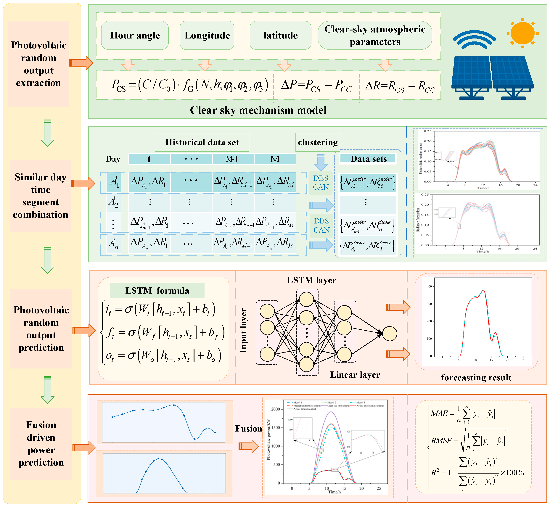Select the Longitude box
(207, 35)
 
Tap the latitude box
(280, 35)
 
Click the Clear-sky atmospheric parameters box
(375, 35)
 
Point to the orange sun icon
(522, 33)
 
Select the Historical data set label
(202, 142)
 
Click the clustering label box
(318, 142)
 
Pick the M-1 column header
(232, 159)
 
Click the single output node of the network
(390, 334)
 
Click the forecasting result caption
(476, 377)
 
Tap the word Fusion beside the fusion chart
(249, 429)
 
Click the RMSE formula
(469, 441)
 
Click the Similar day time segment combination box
(41, 196)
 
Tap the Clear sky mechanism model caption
(258, 110)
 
